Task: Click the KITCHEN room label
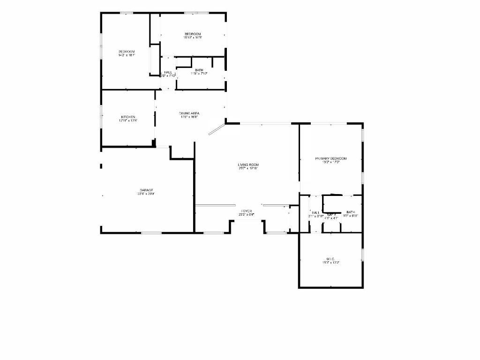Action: click(128, 117)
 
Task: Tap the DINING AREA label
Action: click(189, 113)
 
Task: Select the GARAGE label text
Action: click(145, 190)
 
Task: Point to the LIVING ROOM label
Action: click(248, 165)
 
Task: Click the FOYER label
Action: click(247, 211)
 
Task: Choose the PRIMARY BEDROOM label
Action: click(330, 159)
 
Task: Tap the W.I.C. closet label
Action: click(330, 259)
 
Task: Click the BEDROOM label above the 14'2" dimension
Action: click(127, 52)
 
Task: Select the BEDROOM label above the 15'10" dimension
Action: click(193, 34)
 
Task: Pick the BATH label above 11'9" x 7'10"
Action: click(199, 70)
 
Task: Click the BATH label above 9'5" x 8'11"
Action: click(351, 212)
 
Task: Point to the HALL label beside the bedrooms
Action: click(168, 72)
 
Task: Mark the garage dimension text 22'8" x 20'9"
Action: click(146, 194)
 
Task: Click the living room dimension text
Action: click(248, 169)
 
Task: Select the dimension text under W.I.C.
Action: click(330, 262)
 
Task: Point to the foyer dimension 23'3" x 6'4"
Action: click(247, 215)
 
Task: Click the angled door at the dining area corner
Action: click(216, 129)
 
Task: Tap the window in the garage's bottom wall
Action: click(151, 232)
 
